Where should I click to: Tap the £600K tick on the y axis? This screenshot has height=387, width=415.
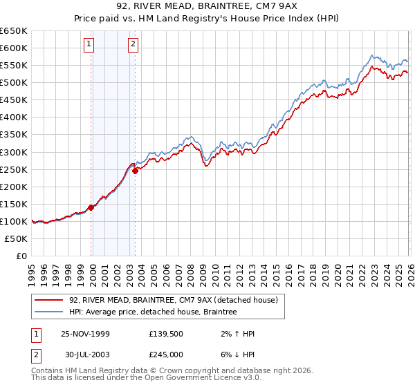pos(14,48)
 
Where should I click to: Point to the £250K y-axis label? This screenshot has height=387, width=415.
pos(14,169)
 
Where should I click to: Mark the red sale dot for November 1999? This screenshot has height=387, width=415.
pos(91,207)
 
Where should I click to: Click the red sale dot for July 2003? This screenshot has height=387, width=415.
pos(136,171)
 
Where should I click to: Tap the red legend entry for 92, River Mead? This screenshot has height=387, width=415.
pos(173,300)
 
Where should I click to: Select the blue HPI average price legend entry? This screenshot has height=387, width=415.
pos(153,312)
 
